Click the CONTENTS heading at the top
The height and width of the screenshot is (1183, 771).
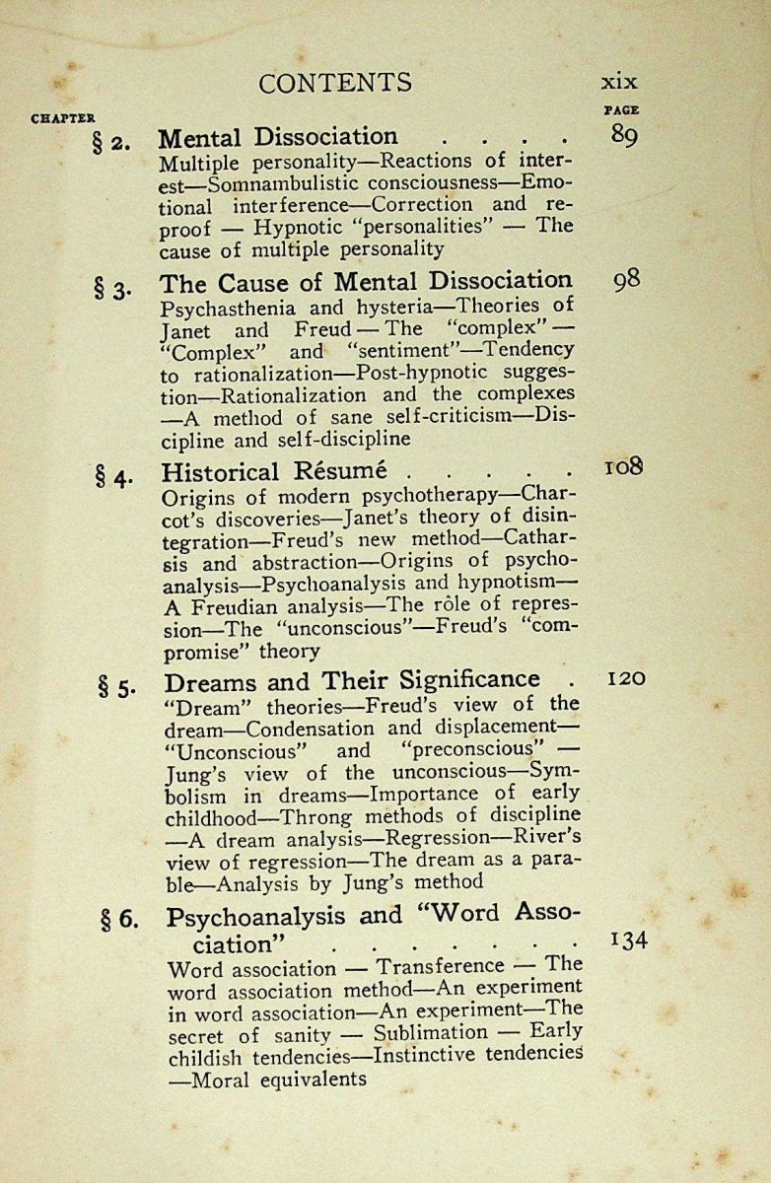(335, 83)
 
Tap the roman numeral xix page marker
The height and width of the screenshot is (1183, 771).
(619, 83)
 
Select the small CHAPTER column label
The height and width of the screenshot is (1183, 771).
(63, 118)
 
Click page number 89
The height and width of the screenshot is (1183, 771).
(623, 136)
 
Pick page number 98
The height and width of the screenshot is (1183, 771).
(626, 280)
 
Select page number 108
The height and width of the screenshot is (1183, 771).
(623, 465)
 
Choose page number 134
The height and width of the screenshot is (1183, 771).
(629, 939)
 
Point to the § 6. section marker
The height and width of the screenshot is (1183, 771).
(120, 920)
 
